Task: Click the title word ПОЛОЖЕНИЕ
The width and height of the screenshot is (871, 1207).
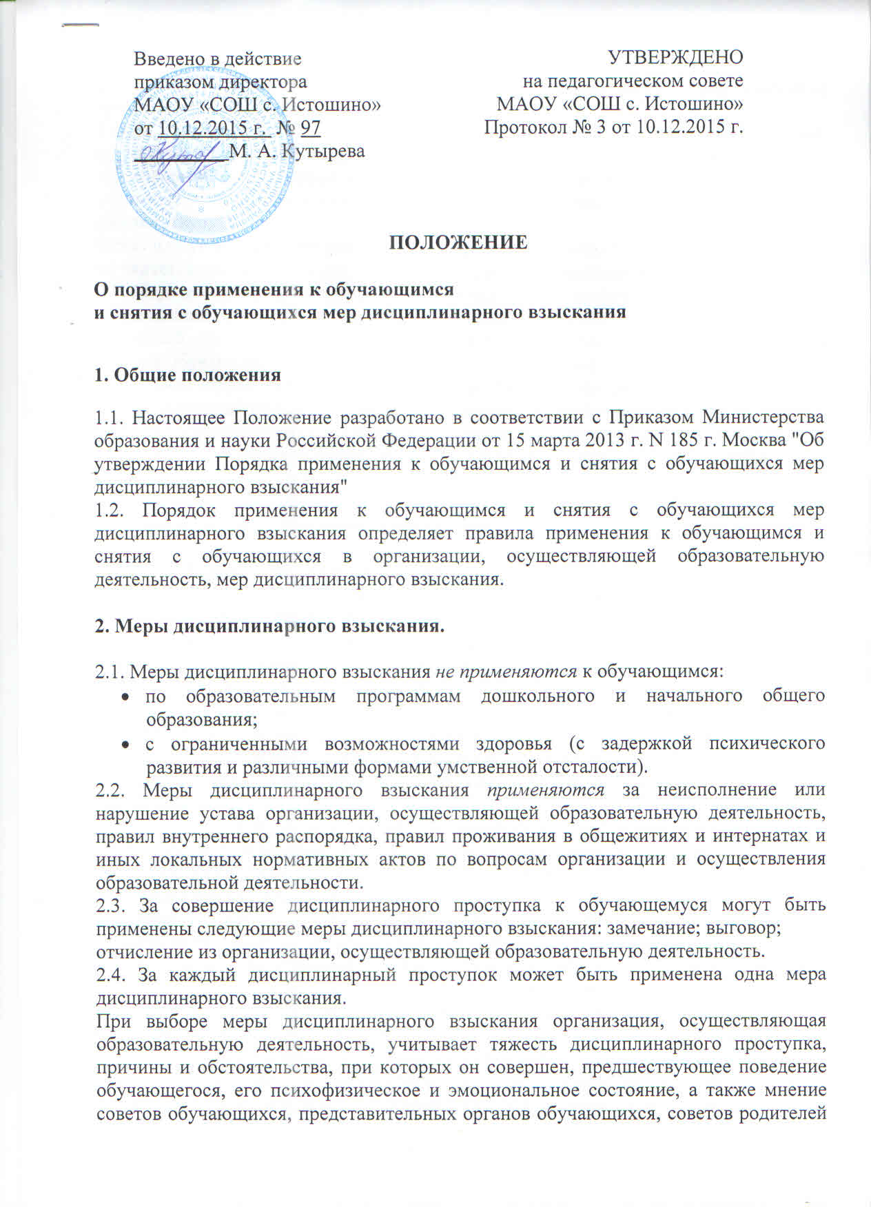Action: (x=460, y=243)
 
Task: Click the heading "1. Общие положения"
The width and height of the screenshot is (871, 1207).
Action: (x=187, y=375)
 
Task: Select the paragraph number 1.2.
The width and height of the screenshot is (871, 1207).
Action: (x=109, y=510)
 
